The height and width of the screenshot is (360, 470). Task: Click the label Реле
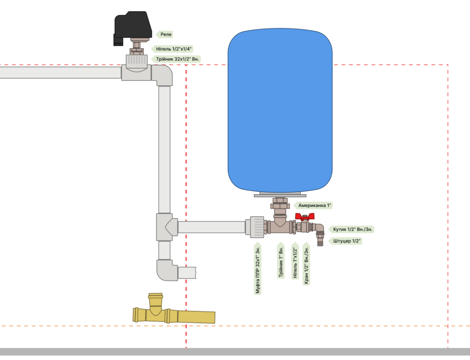[x=166, y=34]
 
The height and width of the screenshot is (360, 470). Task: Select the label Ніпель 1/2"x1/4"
[x=172, y=49]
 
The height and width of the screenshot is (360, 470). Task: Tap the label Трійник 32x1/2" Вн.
[x=176, y=59]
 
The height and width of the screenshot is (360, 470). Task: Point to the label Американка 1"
[x=314, y=205]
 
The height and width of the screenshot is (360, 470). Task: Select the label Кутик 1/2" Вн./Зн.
[x=352, y=229]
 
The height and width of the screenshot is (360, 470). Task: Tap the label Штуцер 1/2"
[x=346, y=241]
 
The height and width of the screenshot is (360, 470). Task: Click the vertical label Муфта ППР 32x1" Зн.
[x=258, y=269]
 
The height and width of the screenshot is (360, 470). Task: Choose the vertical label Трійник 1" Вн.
[x=281, y=261]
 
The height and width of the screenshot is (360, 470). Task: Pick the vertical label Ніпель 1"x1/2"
[x=295, y=261]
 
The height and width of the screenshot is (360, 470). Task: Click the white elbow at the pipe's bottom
[x=167, y=271]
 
